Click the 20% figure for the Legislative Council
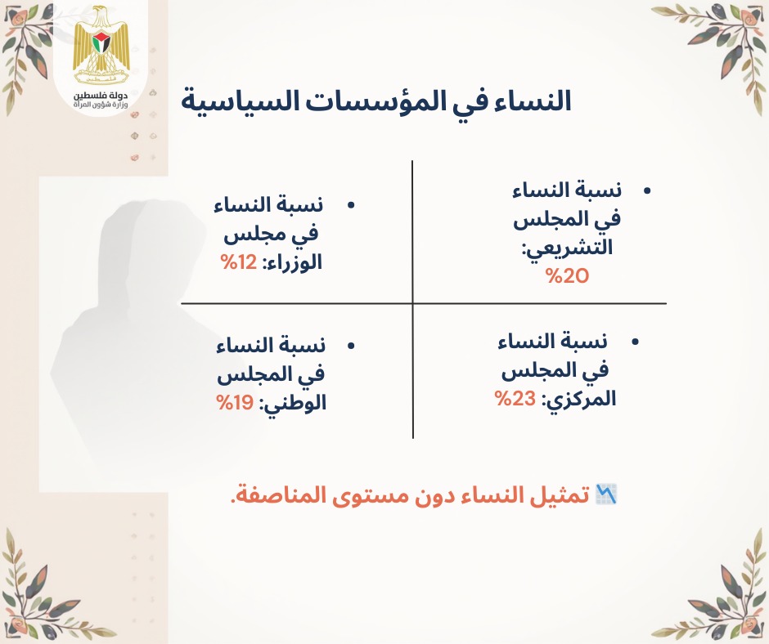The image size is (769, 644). [567, 276]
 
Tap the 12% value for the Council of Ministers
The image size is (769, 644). [239, 262]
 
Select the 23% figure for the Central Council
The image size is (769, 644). [515, 399]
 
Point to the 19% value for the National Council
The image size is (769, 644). [235, 403]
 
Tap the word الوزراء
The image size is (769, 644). [294, 262]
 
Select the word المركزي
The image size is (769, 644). [578, 400]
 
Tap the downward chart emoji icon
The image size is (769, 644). [605, 494]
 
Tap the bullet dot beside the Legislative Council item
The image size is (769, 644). [647, 190]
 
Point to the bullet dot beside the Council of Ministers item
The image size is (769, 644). [350, 205]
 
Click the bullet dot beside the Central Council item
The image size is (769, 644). [635, 342]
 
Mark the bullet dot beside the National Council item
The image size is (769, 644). [350, 346]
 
